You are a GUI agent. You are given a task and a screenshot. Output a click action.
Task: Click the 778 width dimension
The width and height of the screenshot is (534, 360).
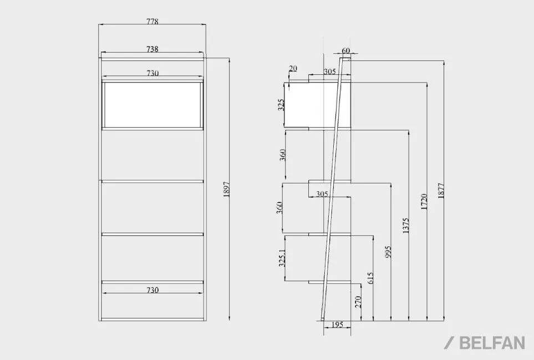click(152, 21)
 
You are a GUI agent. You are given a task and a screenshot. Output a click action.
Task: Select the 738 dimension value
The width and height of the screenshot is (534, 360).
click(152, 49)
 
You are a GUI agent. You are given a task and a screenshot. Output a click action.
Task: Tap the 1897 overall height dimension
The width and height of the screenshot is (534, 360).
click(227, 189)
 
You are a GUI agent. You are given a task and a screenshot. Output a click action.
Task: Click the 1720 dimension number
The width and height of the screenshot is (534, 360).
click(424, 201)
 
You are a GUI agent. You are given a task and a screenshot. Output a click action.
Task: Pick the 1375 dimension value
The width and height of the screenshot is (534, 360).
click(405, 226)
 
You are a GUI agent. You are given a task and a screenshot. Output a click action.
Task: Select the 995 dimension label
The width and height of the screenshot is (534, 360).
click(388, 252)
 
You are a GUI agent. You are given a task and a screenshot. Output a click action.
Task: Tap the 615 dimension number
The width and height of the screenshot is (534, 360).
click(370, 278)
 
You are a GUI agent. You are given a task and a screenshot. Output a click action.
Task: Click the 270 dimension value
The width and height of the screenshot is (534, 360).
click(358, 302)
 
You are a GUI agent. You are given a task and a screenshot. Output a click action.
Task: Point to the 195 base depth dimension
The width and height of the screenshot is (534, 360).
click(337, 324)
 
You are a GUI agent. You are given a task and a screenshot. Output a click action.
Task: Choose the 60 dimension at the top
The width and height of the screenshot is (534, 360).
click(345, 50)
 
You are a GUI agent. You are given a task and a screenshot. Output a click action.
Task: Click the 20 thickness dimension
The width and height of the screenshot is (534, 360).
click(293, 68)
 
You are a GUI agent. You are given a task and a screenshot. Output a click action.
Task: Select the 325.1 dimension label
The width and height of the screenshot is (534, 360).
click(282, 258)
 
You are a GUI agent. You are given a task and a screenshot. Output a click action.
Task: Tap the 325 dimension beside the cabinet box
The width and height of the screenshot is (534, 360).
click(281, 105)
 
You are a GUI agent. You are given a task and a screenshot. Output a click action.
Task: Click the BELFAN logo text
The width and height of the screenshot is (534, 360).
click(492, 343)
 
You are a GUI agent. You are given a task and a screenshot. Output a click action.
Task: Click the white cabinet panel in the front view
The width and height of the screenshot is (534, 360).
click(152, 104)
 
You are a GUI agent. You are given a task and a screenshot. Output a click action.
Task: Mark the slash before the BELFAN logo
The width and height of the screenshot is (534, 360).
click(450, 343)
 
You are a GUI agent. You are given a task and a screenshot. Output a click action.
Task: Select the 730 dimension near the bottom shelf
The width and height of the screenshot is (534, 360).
click(152, 290)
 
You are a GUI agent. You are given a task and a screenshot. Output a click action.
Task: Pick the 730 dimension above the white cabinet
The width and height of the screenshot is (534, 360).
click(152, 73)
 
